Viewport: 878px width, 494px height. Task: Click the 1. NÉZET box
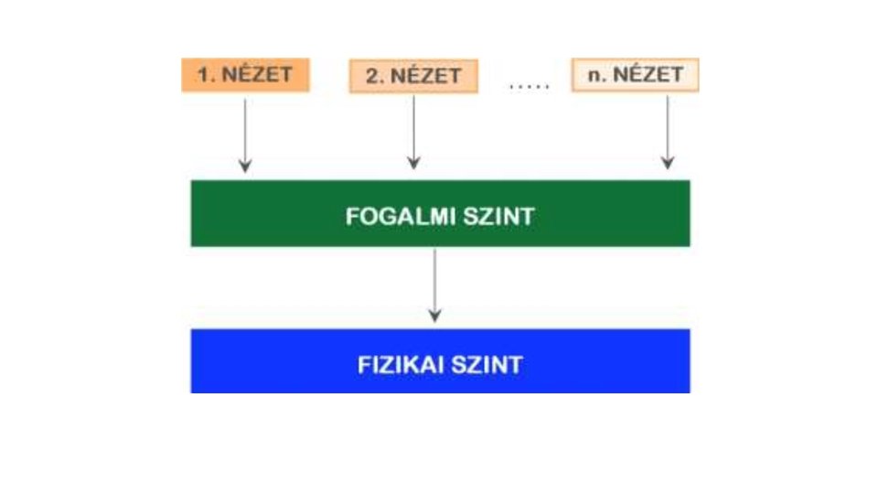246,74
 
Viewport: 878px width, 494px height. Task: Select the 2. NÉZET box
413,76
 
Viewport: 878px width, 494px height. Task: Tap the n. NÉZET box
636,74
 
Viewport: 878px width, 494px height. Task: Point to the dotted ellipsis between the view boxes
530,85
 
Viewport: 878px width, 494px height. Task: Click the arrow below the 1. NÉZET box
244,133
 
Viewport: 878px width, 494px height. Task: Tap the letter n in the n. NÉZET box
593,75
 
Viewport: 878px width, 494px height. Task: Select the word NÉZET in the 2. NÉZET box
426,76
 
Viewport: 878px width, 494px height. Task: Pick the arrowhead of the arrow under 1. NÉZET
244,166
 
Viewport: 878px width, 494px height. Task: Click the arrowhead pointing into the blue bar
434,316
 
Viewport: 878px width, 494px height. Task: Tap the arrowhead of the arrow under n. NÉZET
668,163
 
